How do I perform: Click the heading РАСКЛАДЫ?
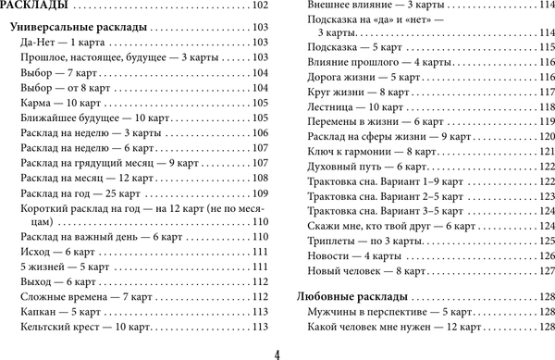(34, 7)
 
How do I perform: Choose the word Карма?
(33, 104)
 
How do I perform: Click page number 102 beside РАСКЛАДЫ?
(257, 7)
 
